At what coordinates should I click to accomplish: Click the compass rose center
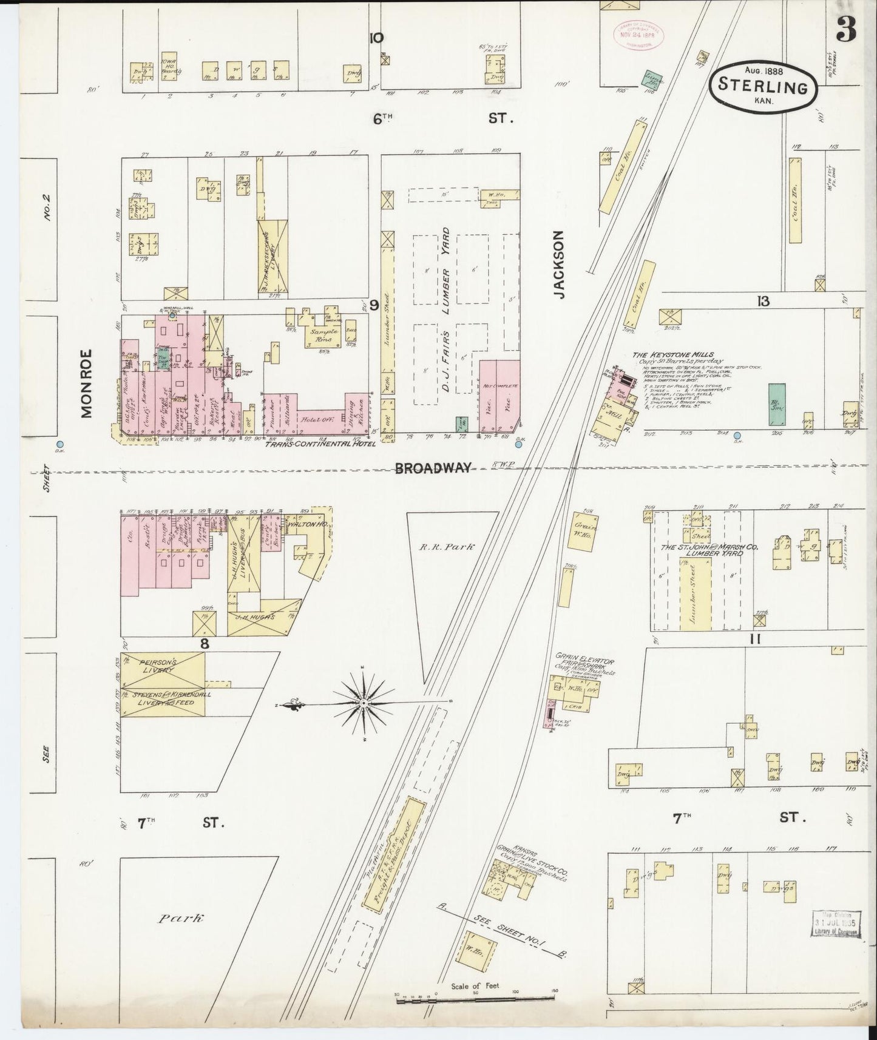coord(362,703)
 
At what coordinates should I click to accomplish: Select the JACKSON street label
coord(560,264)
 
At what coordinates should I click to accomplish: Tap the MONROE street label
coord(86,383)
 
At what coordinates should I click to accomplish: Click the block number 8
coord(205,644)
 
